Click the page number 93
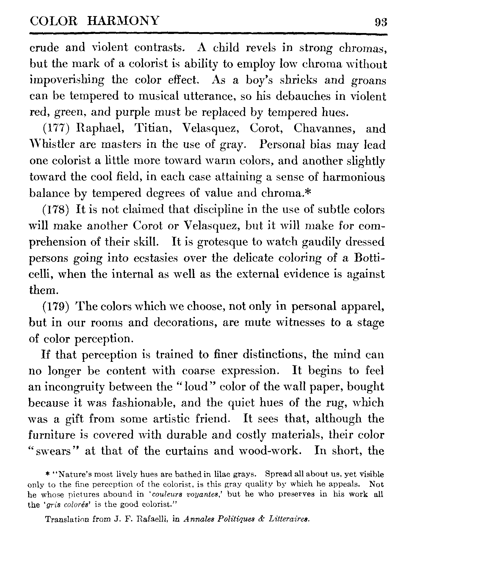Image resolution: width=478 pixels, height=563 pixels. tap(381, 23)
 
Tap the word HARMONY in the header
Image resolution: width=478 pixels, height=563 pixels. tap(124, 21)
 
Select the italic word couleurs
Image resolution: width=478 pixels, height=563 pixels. tap(164, 494)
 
